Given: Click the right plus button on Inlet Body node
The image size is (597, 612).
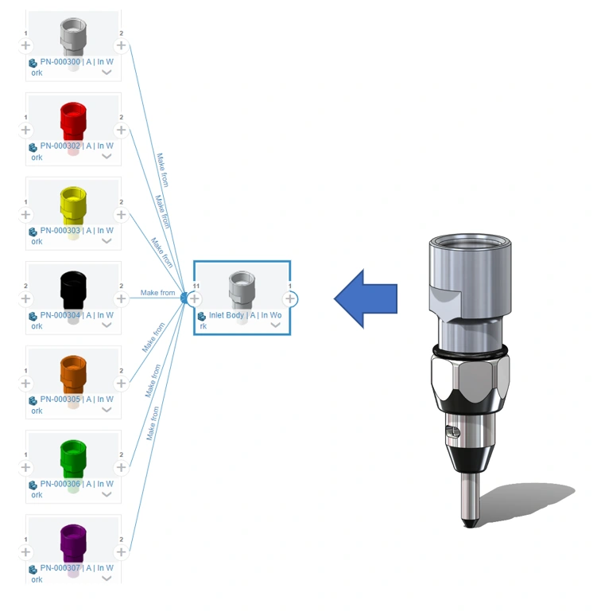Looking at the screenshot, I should tap(290, 298).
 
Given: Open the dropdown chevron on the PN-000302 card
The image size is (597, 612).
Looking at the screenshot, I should tap(107, 157).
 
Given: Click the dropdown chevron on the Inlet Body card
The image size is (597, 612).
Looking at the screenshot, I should tap(275, 325).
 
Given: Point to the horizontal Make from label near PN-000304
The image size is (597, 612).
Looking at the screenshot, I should tap(157, 293).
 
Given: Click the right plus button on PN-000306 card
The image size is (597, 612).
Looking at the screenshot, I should tap(121, 468).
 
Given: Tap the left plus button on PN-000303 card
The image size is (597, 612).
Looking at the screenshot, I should tap(25, 215).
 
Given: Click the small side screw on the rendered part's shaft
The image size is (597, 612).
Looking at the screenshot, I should tap(453, 431).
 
